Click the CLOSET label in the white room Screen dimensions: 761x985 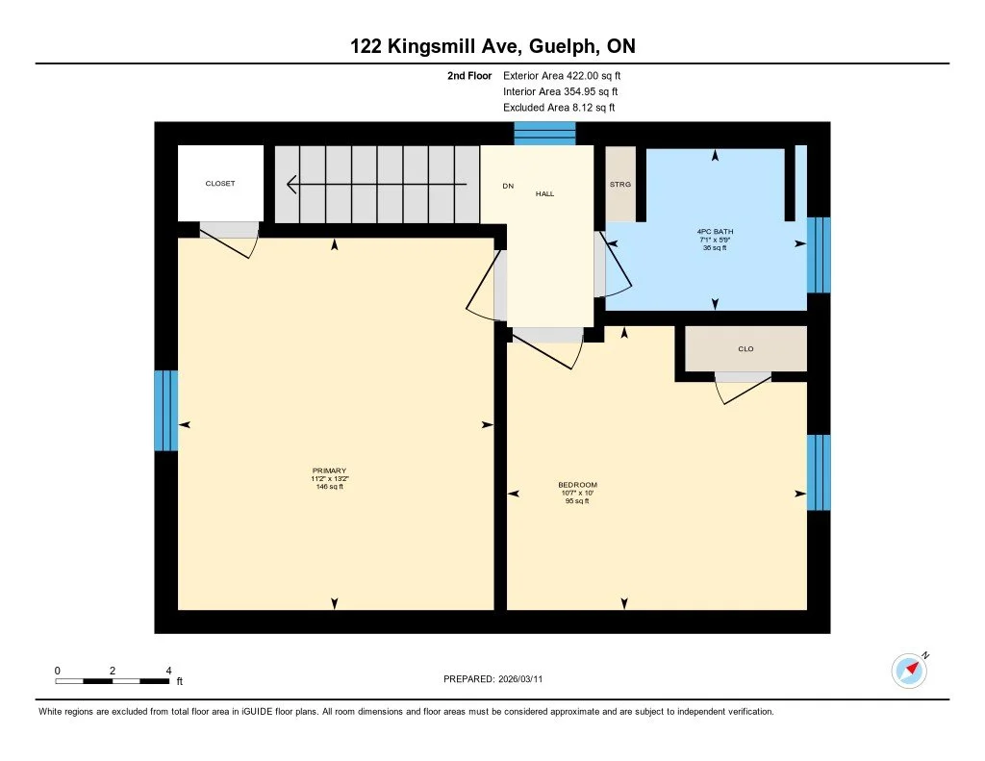coord(220,184)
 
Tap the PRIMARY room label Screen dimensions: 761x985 coord(329,470)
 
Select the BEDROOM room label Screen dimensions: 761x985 coord(577,485)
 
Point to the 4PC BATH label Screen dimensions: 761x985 coord(715,232)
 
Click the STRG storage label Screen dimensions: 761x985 coord(619,184)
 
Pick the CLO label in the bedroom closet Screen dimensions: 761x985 coord(745,349)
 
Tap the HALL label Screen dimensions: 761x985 coord(545,193)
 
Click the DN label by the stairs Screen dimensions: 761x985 coord(508,187)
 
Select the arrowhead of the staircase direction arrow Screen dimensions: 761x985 coord(292,183)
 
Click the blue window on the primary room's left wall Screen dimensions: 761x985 coord(166,411)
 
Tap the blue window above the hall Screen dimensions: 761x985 coord(544,134)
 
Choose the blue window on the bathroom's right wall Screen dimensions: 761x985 coord(818,255)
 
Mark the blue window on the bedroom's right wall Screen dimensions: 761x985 coord(818,472)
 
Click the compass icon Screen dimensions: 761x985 coord(909,670)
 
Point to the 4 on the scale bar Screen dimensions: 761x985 coord(168,671)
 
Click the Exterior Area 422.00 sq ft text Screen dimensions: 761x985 coord(568,75)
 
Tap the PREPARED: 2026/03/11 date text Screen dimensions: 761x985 coord(498,679)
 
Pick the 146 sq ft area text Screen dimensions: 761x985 coord(329,487)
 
